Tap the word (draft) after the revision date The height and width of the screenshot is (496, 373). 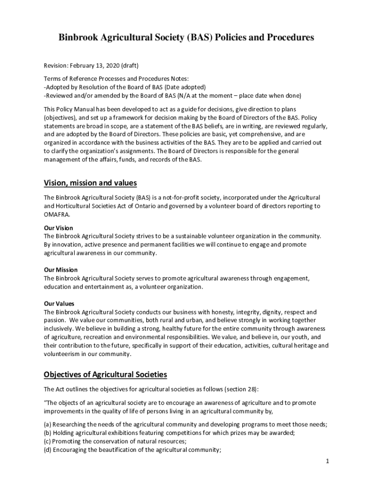click(130, 65)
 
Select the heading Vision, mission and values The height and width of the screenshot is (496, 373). click(90, 183)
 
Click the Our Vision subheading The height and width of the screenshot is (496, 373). click(58, 228)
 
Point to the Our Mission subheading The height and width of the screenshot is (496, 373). click(61, 270)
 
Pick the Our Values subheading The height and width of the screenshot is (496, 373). click(59, 304)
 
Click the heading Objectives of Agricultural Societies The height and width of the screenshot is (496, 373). click(105, 374)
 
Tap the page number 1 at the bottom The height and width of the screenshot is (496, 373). click(327, 461)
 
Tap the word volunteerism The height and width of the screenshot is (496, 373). click(62, 354)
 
